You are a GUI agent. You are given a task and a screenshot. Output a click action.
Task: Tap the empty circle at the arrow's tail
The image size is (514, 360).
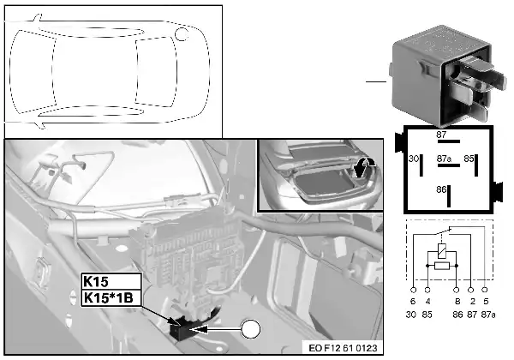[x=250, y=327]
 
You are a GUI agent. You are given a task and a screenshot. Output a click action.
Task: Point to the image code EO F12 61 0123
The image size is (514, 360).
[x=342, y=349]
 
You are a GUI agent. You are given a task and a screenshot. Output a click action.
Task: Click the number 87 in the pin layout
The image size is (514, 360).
[x=441, y=135]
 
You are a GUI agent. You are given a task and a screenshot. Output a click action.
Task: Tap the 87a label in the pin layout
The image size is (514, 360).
[x=443, y=159]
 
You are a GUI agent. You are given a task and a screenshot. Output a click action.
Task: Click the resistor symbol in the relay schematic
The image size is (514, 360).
[x=441, y=267]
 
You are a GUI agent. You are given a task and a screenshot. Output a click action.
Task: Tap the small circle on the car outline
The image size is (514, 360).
[x=181, y=33]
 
